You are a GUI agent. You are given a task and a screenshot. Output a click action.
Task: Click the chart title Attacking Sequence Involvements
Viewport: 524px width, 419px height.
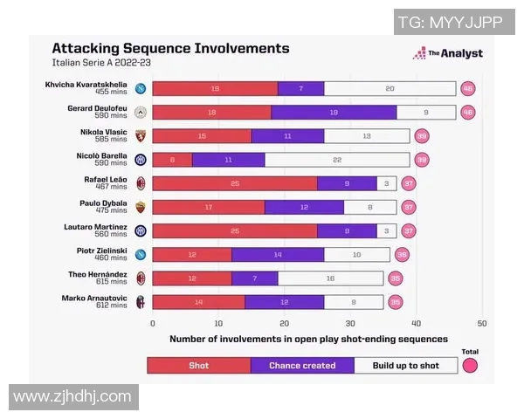[170, 49]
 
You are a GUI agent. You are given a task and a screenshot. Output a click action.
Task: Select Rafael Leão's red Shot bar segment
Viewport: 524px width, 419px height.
[234, 183]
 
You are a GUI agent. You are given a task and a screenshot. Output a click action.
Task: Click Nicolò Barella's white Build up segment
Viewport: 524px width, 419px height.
[337, 160]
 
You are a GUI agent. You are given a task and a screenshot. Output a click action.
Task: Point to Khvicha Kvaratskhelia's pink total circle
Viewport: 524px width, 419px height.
[468, 88]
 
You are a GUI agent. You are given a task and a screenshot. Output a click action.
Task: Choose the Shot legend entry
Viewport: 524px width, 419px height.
[199, 366]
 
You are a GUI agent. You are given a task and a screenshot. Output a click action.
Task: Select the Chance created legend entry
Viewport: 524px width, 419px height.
[302, 366]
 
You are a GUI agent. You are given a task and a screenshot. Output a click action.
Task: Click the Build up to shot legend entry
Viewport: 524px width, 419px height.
[405, 366]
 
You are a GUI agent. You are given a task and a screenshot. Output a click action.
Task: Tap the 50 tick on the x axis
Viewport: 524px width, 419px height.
[482, 321]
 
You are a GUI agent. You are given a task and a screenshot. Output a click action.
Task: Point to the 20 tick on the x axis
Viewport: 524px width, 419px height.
[285, 321]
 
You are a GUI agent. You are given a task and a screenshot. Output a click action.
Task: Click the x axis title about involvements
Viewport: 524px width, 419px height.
[308, 339]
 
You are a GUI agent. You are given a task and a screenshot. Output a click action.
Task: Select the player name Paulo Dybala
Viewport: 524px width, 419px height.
[103, 202]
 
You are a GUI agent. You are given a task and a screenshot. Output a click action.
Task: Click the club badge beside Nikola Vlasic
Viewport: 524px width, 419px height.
[140, 136]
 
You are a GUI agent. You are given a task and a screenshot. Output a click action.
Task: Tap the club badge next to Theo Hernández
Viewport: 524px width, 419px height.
[140, 278]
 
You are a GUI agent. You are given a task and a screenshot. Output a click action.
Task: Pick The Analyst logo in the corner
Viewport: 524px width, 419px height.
[447, 53]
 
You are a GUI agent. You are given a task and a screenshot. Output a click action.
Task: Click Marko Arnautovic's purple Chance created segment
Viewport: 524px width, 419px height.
[284, 302]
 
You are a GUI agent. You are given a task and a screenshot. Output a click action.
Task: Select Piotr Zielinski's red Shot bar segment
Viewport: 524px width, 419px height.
[191, 254]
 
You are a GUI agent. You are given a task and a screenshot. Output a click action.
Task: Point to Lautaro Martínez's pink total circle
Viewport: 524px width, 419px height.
[409, 230]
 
